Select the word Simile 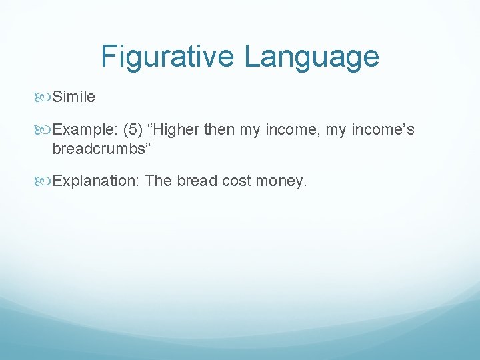click(x=73, y=97)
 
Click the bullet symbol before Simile click(x=44, y=97)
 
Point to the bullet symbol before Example click(x=44, y=130)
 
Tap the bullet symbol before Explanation click(x=44, y=181)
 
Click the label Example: click(x=85, y=130)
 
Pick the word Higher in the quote click(x=175, y=130)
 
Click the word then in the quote click(x=219, y=130)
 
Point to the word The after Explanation click(x=158, y=181)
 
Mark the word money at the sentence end click(x=283, y=181)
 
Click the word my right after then click(x=250, y=130)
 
